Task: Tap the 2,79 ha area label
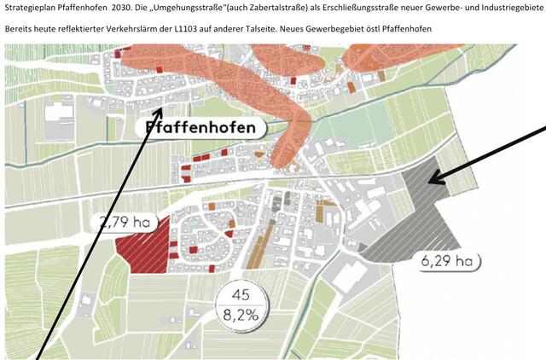[125, 224]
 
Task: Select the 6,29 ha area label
[444, 261]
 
